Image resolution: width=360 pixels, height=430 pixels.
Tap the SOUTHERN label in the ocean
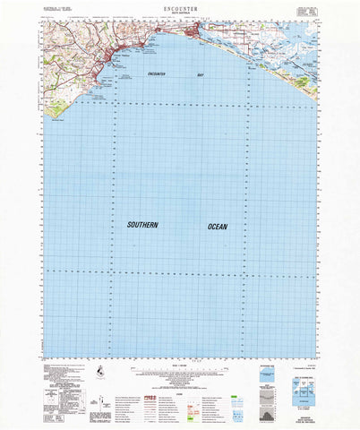(142, 226)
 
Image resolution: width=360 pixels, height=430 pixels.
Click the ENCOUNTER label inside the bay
(155, 74)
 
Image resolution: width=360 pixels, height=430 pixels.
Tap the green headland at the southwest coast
(60, 111)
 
